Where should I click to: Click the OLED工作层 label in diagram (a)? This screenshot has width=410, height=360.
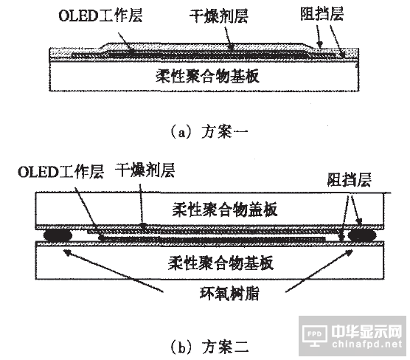[x=100, y=15]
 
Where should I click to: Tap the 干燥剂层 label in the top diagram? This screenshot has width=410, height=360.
[x=219, y=15]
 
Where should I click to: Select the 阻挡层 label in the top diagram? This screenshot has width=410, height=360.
[x=322, y=13]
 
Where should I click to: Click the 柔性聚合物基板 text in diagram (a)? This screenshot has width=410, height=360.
[x=207, y=76]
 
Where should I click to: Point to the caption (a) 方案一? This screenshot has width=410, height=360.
[x=209, y=131]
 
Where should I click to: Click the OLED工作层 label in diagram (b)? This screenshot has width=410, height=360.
[x=60, y=172]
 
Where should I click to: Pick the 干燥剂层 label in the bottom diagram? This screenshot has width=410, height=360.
[x=145, y=170]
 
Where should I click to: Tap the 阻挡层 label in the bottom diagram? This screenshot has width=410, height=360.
[x=349, y=179]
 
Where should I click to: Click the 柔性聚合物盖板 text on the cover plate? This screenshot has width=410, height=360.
[x=225, y=210]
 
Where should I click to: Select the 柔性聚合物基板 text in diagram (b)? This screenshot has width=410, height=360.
[x=220, y=263]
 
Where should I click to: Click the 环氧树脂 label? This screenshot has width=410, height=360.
[x=229, y=294]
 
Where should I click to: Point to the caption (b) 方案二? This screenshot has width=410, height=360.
[x=209, y=347]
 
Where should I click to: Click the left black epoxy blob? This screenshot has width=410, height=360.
[x=58, y=235]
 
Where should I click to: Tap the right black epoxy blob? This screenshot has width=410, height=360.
[x=361, y=235]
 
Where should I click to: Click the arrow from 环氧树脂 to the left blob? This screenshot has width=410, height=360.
[x=114, y=271]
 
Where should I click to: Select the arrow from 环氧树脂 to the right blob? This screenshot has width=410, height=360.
[x=319, y=271]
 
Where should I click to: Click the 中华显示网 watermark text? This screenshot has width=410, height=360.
[x=366, y=331]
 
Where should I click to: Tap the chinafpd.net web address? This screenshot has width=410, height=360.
[x=367, y=344]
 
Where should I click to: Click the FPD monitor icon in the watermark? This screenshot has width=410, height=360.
[x=315, y=336]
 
